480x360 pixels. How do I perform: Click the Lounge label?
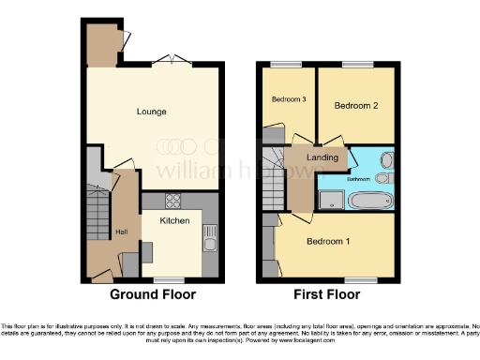pyautogui.click(x=151, y=112)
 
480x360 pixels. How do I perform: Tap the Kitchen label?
pyautogui.click(x=174, y=221)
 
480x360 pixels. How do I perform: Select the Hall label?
pyautogui.click(x=121, y=232)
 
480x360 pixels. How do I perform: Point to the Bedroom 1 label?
pyautogui.click(x=328, y=242)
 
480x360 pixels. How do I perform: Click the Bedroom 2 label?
pyautogui.click(x=356, y=106)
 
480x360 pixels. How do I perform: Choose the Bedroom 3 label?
pyautogui.click(x=290, y=99)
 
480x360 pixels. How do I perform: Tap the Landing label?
pyautogui.click(x=322, y=158)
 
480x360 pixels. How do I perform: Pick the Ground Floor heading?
pyautogui.click(x=153, y=294)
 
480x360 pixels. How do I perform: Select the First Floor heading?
pyautogui.click(x=327, y=294)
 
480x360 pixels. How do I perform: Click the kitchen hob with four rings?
pyautogui.click(x=173, y=201)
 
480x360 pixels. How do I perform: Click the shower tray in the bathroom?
pyautogui.click(x=330, y=197)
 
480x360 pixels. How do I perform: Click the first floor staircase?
pyautogui.click(x=273, y=178)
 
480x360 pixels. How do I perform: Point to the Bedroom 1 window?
pyautogui.click(x=359, y=278)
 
